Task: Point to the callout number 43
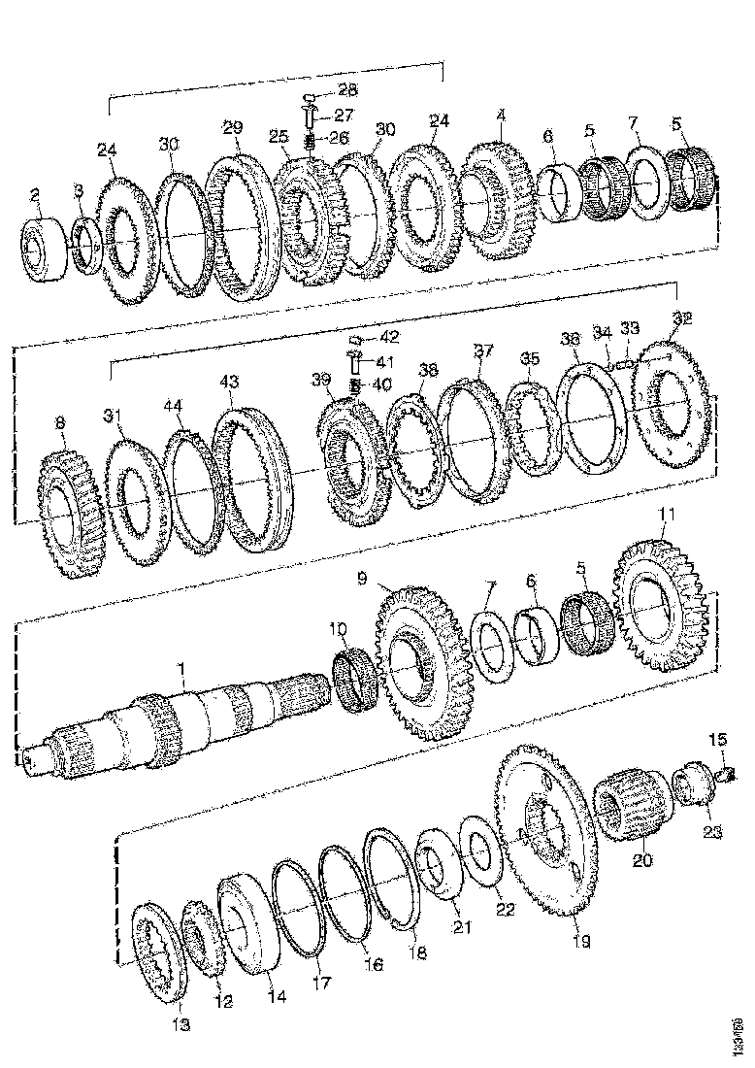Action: (x=229, y=384)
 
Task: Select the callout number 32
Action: (x=683, y=318)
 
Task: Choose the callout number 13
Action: (x=181, y=1024)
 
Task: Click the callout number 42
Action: (x=388, y=338)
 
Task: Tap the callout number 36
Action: (x=571, y=340)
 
